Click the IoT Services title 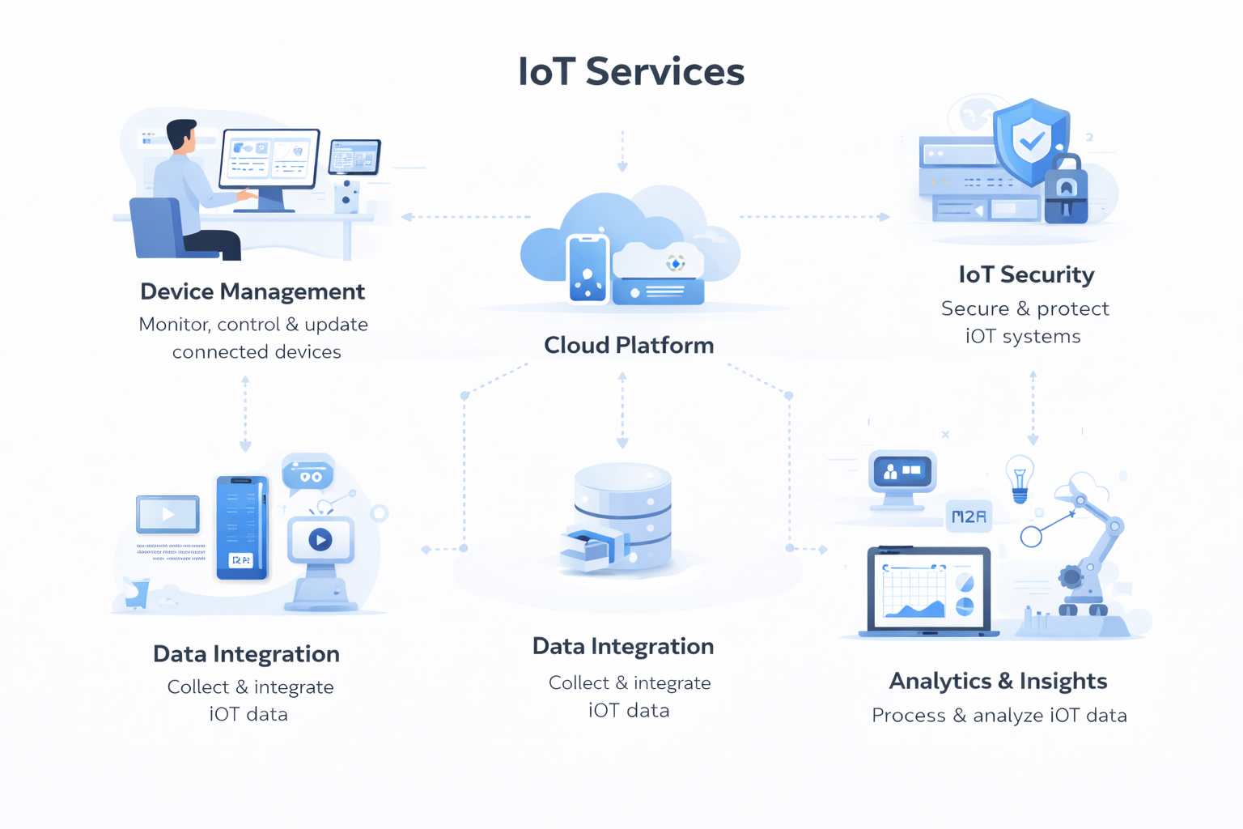pyautogui.click(x=630, y=71)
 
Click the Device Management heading pyautogui.click(x=252, y=291)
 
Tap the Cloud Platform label pyautogui.click(x=629, y=345)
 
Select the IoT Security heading pyautogui.click(x=1026, y=274)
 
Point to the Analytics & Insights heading pyautogui.click(x=998, y=681)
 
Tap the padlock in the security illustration pyautogui.click(x=1066, y=193)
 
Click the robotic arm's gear pyautogui.click(x=1071, y=577)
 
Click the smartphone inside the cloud pyautogui.click(x=588, y=269)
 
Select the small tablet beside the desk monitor pyautogui.click(x=354, y=157)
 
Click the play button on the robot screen pyautogui.click(x=320, y=539)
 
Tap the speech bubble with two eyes pyautogui.click(x=308, y=474)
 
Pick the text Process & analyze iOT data pyautogui.click(x=999, y=716)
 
